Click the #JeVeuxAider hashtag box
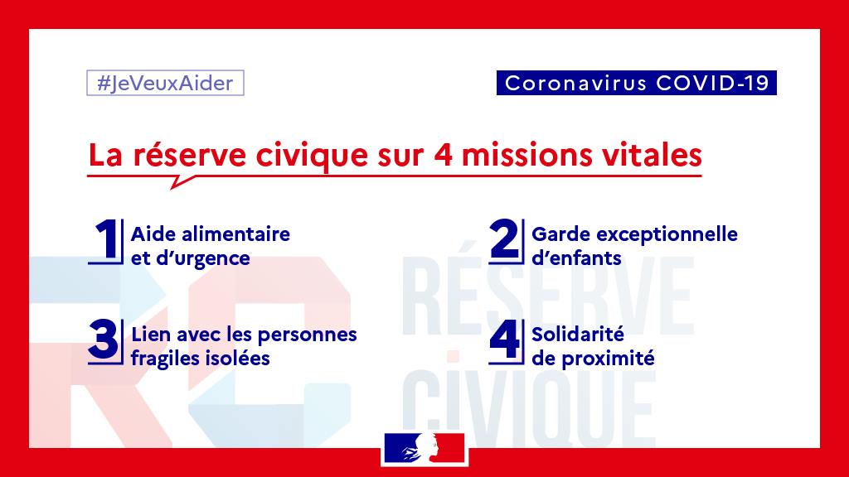click(165, 83)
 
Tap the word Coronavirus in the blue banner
click(575, 84)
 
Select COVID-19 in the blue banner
click(712, 83)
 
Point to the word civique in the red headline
click(312, 155)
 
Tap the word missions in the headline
click(526, 155)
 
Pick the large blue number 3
click(103, 340)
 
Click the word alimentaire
click(235, 234)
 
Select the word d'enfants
click(576, 258)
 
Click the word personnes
click(307, 335)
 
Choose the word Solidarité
click(578, 335)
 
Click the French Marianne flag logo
click(424, 448)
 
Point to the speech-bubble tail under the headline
click(182, 181)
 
